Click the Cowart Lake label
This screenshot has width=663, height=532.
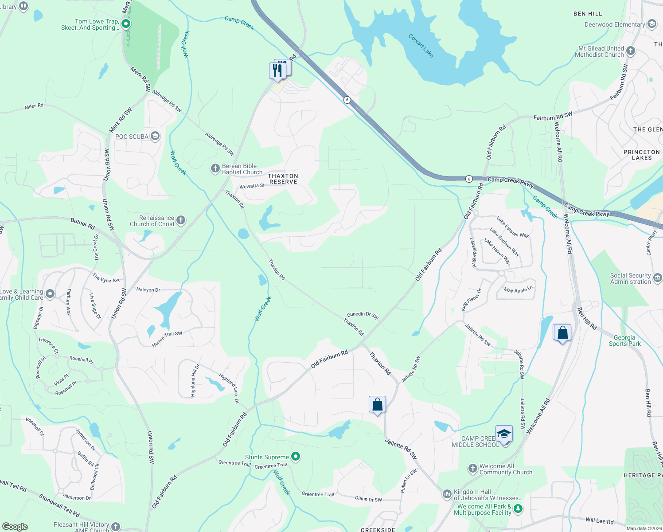tap(421, 46)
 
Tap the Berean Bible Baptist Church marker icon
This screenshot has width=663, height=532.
tap(215, 168)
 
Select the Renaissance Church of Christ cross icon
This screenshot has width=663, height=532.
tap(181, 220)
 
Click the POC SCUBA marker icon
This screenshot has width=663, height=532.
tap(155, 136)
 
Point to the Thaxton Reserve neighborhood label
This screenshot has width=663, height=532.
tap(283, 179)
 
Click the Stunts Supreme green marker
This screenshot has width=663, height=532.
tap(296, 457)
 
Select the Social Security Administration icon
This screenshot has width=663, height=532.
tap(658, 278)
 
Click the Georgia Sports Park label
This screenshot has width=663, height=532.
tap(624, 340)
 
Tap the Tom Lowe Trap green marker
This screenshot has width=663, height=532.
tap(126, 24)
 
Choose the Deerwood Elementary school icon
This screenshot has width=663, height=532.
tap(651, 24)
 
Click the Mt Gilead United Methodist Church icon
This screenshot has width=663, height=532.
tap(631, 51)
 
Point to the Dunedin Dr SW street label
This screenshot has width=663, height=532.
tap(363, 315)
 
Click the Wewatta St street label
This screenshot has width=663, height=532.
tap(252, 186)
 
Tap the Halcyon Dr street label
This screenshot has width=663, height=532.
tap(148, 289)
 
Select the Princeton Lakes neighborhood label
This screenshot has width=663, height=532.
tap(641, 155)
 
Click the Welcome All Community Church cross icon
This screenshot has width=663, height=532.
tap(473, 468)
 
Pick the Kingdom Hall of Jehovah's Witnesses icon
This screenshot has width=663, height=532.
tap(447, 493)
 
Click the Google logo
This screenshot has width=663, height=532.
tap(15, 527)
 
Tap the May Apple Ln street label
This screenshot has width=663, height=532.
tap(518, 290)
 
